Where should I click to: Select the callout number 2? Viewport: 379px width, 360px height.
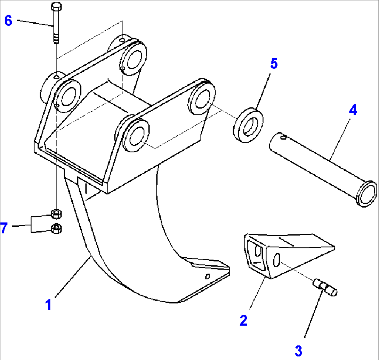point(243,320)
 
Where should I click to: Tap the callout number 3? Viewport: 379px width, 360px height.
point(298,351)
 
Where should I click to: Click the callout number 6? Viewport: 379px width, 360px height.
point(8,21)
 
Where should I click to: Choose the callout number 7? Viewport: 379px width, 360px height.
point(4,229)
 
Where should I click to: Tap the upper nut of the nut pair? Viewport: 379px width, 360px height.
point(56,213)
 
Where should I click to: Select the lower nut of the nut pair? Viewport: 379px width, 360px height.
point(56,229)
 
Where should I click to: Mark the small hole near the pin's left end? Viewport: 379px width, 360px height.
point(284,138)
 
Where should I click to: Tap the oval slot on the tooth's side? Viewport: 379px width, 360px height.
point(277,260)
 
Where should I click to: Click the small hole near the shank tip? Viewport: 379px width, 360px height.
point(207,277)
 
